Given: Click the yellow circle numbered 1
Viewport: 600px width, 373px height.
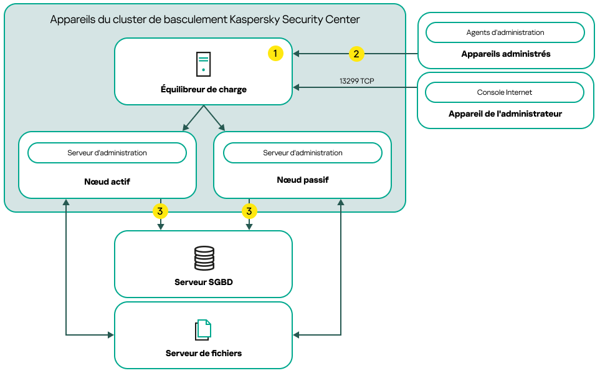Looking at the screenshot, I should pyautogui.click(x=275, y=54).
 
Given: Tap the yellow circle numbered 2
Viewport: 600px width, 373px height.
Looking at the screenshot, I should pyautogui.click(x=356, y=54).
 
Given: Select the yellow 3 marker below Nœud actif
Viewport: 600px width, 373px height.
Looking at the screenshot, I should pyautogui.click(x=160, y=211).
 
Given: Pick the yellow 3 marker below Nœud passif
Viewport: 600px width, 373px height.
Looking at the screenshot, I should pyautogui.click(x=249, y=211).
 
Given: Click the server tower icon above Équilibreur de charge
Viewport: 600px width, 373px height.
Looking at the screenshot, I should pyautogui.click(x=203, y=64).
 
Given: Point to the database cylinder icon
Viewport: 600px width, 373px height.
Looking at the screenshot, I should pyautogui.click(x=204, y=258).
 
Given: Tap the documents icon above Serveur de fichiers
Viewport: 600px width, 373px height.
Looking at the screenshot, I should pyautogui.click(x=203, y=330).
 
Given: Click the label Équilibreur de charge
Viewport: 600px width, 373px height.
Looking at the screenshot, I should pyautogui.click(x=204, y=90).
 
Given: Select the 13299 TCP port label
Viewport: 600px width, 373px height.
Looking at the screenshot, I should pyautogui.click(x=356, y=81).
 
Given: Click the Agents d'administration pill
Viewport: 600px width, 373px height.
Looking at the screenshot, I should pyautogui.click(x=505, y=32).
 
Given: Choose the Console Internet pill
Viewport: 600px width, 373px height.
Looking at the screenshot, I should pyautogui.click(x=505, y=92).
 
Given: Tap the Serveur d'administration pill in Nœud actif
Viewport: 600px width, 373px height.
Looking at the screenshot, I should pyautogui.click(x=107, y=153).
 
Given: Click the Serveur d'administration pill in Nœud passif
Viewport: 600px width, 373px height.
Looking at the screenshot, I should pyautogui.click(x=302, y=153).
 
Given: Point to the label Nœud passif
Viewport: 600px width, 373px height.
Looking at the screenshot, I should pyautogui.click(x=302, y=180).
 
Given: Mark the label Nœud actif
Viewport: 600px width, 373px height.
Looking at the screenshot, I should pyautogui.click(x=107, y=182).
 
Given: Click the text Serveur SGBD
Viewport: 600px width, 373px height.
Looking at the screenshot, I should pyautogui.click(x=204, y=282).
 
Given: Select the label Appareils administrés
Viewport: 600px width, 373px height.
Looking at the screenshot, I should pyautogui.click(x=505, y=54).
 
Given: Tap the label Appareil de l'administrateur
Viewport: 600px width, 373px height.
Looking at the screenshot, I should pyautogui.click(x=505, y=114).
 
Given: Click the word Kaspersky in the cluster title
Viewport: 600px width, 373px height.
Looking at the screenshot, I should pyautogui.click(x=254, y=19).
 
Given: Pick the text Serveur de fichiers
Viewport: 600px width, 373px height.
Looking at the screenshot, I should pyautogui.click(x=204, y=353).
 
